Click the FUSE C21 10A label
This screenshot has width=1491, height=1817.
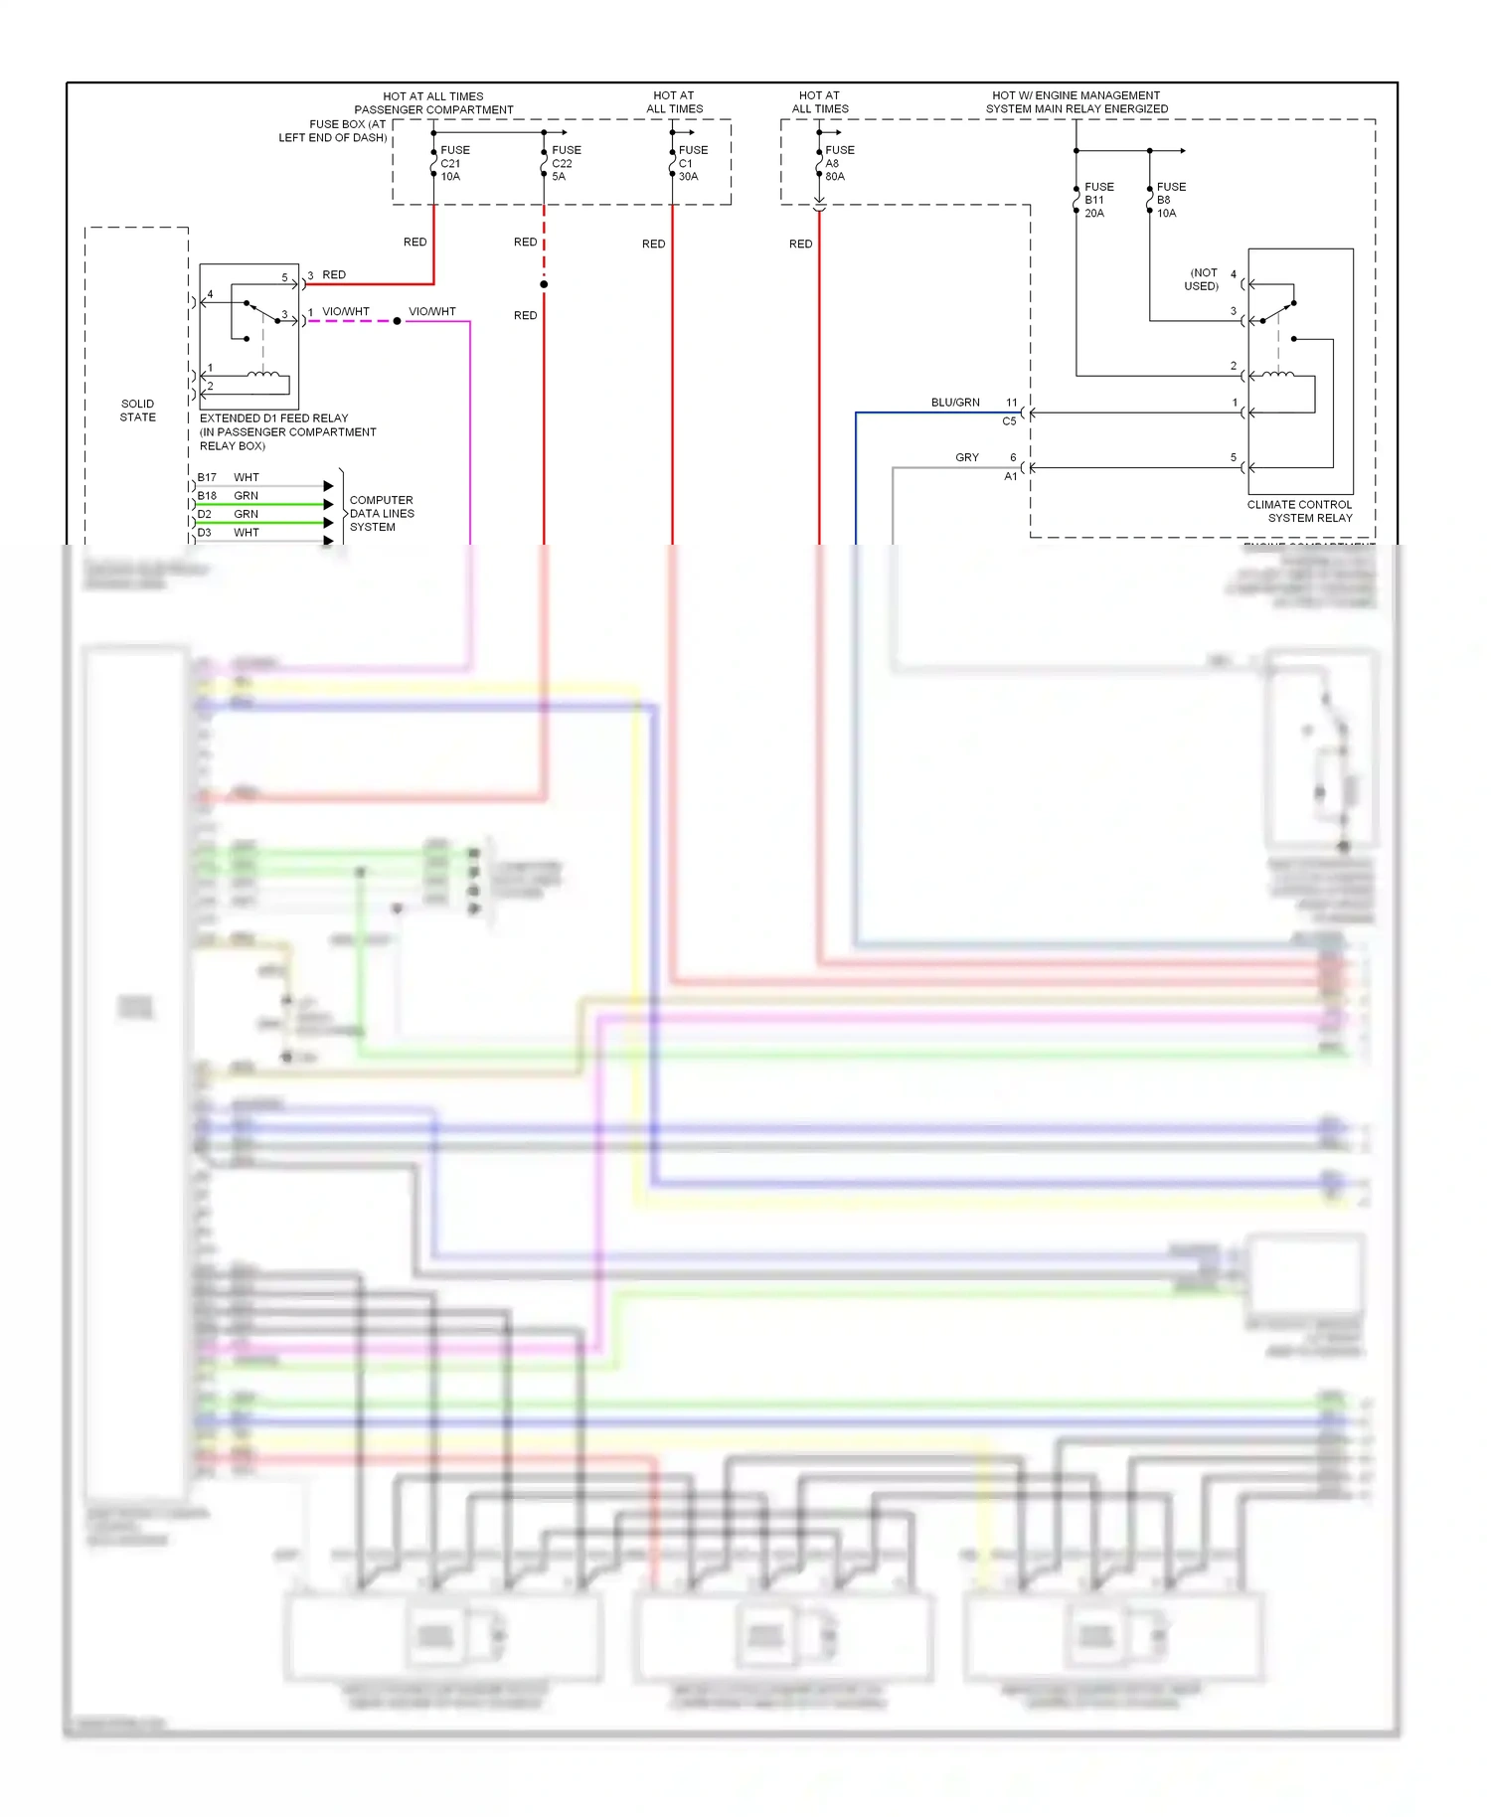[x=453, y=163]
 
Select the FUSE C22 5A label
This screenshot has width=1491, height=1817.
[x=565, y=163]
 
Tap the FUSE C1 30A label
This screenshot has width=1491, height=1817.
[x=692, y=163]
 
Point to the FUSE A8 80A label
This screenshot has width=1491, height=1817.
[x=838, y=163]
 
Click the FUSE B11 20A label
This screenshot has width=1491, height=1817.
[x=1097, y=200]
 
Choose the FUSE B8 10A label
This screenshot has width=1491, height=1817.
[x=1169, y=200]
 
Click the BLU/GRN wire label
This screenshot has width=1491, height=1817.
[x=954, y=403]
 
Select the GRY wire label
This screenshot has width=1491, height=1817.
[x=966, y=457]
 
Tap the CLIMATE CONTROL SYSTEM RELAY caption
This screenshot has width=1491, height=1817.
[x=1299, y=511]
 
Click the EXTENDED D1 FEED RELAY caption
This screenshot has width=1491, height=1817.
[x=274, y=418]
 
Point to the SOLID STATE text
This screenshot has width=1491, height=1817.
[x=137, y=411]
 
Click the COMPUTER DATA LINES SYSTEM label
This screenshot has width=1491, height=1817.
[x=381, y=513]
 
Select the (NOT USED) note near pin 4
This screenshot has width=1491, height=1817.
[x=1202, y=279]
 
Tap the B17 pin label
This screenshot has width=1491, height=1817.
[x=207, y=477]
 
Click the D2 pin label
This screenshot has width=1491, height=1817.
[x=204, y=514]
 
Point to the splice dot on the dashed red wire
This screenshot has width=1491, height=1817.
[x=544, y=284]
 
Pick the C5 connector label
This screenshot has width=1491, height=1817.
[x=1008, y=421]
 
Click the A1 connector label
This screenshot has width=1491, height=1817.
[x=1010, y=476]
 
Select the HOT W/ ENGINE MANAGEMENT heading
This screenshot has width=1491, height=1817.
[x=1076, y=95]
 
